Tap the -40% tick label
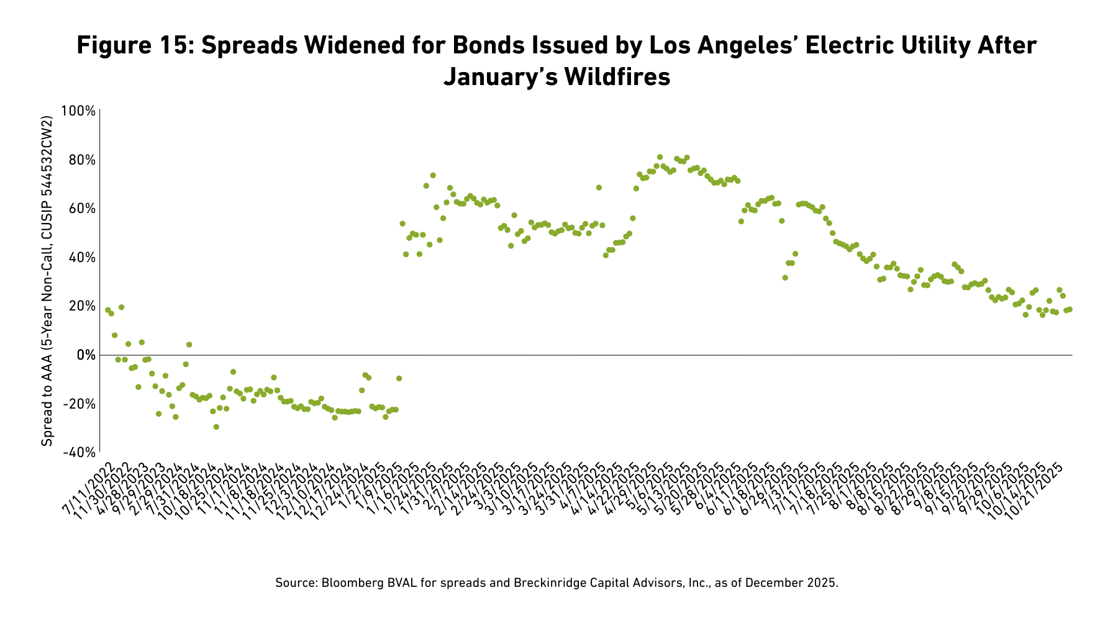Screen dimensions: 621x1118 tap(78, 453)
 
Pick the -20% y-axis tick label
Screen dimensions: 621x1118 tap(78, 404)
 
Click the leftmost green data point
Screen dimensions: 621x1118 tap(107, 310)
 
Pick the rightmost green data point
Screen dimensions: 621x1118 tap(1070, 309)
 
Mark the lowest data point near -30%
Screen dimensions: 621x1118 tap(216, 427)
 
